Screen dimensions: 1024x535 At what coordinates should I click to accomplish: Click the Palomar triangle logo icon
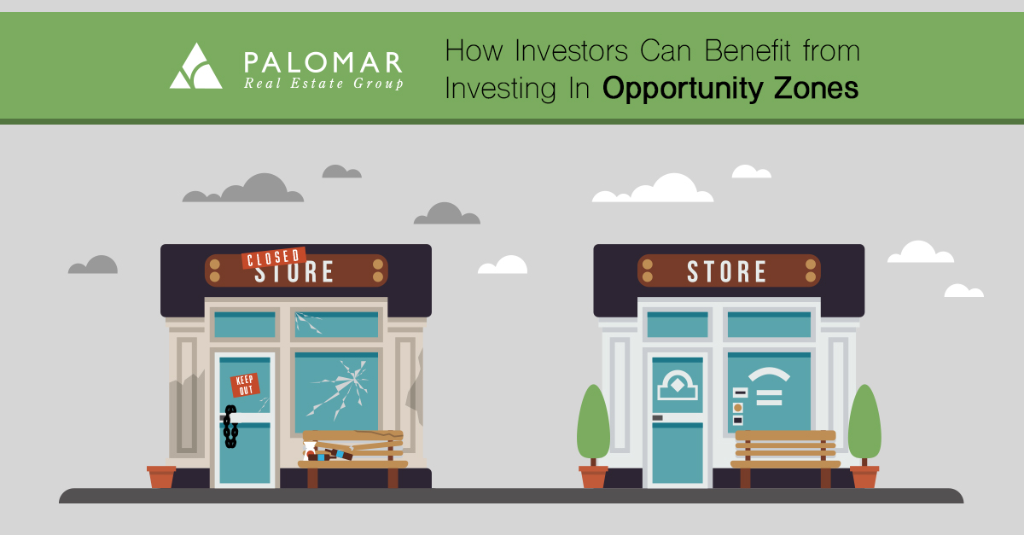tap(195, 67)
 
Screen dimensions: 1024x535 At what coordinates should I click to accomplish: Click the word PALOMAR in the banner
tap(323, 62)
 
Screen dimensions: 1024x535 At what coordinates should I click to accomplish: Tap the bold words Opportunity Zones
tap(730, 89)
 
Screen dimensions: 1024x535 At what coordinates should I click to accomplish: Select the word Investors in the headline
tap(571, 50)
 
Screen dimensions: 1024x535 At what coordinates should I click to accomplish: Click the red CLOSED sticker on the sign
tap(273, 258)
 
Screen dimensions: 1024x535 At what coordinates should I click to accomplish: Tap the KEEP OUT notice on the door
tap(245, 385)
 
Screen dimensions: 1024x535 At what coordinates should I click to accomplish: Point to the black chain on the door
tap(230, 426)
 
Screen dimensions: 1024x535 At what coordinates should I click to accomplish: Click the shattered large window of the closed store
tap(336, 392)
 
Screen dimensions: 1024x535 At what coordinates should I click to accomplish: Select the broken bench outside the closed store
tap(352, 458)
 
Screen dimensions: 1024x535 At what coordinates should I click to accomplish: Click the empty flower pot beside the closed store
tap(161, 476)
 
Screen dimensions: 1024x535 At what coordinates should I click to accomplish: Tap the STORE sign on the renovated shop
tap(729, 270)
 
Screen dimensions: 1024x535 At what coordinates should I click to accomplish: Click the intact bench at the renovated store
tap(785, 458)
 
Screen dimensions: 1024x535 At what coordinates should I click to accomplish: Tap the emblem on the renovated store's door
tap(677, 386)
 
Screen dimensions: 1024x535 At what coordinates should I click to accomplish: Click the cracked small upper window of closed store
tap(336, 324)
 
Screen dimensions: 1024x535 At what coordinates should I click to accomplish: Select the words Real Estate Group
tap(323, 84)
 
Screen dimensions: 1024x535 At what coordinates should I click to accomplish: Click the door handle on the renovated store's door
tap(657, 417)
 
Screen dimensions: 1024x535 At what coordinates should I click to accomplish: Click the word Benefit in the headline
tap(748, 50)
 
